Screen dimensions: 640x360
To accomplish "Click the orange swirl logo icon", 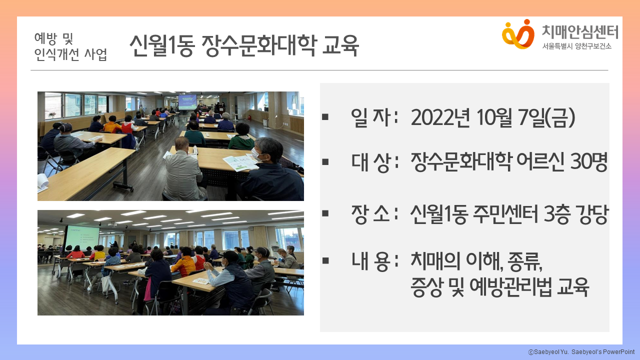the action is pos(518,34).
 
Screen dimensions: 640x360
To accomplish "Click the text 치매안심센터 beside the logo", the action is pos(580,32).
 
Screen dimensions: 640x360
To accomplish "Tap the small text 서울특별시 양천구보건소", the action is pos(576,46).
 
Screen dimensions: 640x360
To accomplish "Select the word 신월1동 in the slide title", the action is pos(162,45).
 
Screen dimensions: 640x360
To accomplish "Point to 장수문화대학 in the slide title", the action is pos(259,45).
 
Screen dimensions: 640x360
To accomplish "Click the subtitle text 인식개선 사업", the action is pos(70,54).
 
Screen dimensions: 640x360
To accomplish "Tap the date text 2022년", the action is pos(440,117).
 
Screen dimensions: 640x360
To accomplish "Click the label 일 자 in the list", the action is pos(371,117).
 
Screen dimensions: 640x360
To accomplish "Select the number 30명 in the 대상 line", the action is pos(588,162).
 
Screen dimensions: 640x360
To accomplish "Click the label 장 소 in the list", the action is pos(370,213).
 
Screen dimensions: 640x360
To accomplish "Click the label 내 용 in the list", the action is pos(370,261).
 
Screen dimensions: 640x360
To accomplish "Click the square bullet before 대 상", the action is pos(325,162).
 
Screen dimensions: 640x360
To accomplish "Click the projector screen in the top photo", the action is pos(187,102).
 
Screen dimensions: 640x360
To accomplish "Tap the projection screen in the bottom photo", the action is pos(83,237).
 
